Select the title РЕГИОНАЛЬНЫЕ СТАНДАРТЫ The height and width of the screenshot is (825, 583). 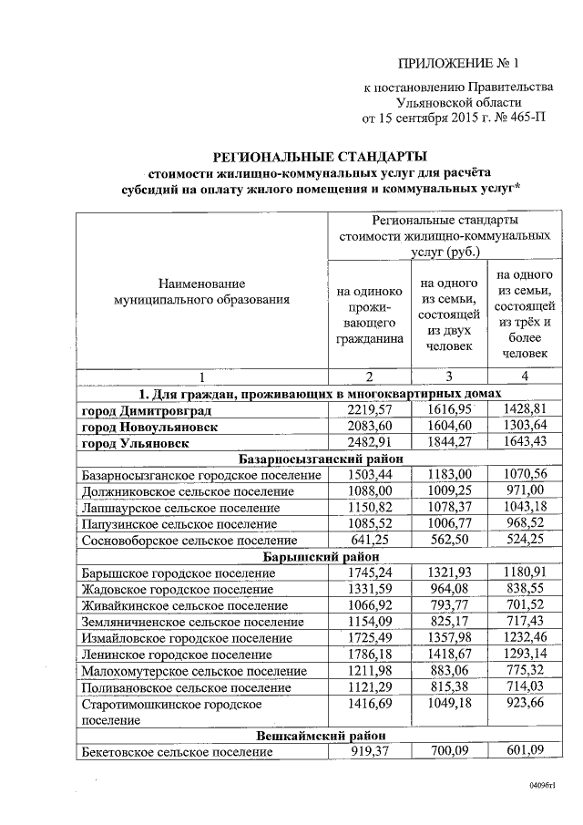320,157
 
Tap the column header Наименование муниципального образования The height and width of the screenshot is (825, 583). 200,291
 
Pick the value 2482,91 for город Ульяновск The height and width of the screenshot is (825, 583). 369,443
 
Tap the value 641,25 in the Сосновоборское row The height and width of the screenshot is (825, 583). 369,541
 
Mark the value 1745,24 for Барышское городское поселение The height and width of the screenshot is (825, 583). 369,572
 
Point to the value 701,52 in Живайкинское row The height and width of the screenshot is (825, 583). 523,605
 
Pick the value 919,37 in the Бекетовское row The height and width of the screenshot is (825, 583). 369,751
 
